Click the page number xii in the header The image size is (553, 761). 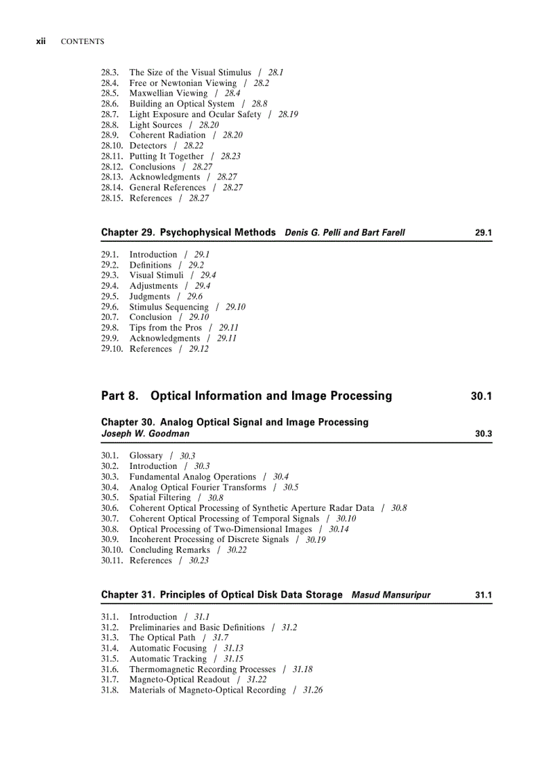pyautogui.click(x=41, y=41)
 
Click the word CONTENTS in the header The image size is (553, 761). pyautogui.click(x=82, y=42)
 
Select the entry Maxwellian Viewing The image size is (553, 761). pyautogui.click(x=168, y=94)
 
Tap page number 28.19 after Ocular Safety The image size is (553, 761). pyautogui.click(x=288, y=115)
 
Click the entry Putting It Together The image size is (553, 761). pyautogui.click(x=166, y=157)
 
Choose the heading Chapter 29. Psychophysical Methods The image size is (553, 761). pyautogui.click(x=188, y=232)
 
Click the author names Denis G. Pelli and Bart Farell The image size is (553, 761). pyautogui.click(x=344, y=233)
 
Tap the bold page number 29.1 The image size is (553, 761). pyautogui.click(x=483, y=233)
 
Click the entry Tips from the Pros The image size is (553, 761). pyautogui.click(x=165, y=328)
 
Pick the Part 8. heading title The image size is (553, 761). pyautogui.click(x=246, y=396)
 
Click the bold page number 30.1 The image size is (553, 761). pyautogui.click(x=480, y=396)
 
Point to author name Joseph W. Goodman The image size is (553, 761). pyautogui.click(x=145, y=434)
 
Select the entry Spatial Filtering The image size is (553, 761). pyautogui.click(x=160, y=498)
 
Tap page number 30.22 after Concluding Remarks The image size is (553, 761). pyautogui.click(x=237, y=550)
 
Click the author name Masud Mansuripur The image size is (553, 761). pyautogui.click(x=391, y=596)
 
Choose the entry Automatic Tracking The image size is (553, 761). pyautogui.click(x=167, y=659)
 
